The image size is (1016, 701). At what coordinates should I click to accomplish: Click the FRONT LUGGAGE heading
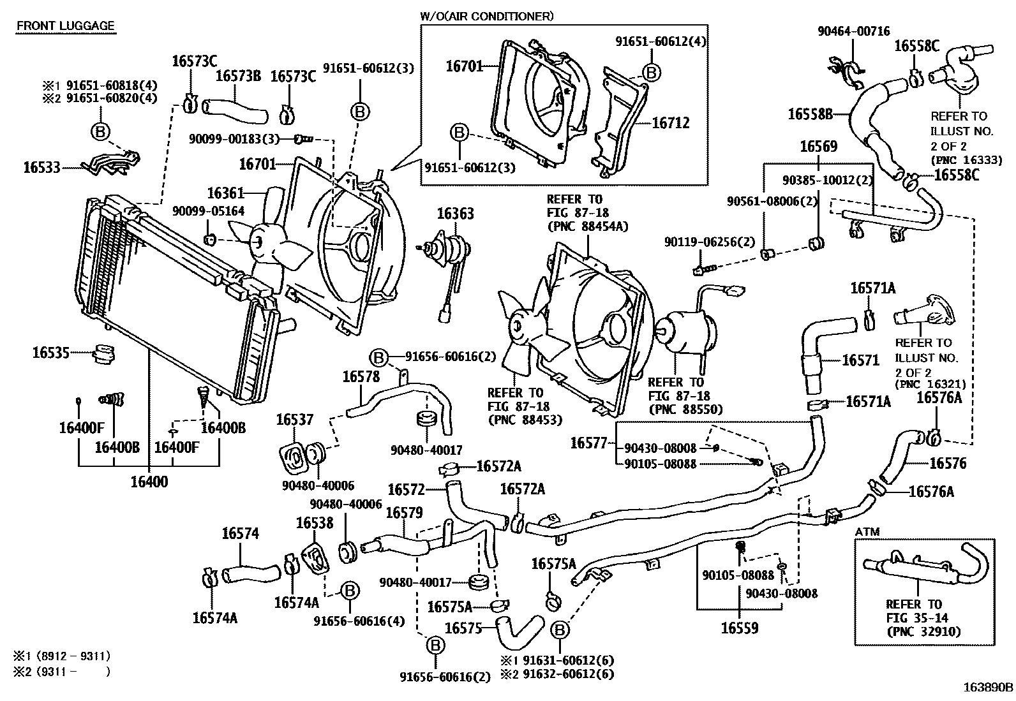[65, 26]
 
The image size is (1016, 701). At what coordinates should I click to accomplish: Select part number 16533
[41, 168]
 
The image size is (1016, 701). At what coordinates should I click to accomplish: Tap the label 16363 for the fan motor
[455, 213]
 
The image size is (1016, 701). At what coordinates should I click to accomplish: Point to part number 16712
[671, 123]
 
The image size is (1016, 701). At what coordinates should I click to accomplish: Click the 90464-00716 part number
[853, 31]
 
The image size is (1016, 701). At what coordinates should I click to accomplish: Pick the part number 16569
[818, 147]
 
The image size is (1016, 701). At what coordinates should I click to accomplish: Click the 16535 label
[50, 351]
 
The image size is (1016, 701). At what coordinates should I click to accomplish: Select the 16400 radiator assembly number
[149, 482]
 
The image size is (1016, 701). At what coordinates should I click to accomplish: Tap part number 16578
[361, 376]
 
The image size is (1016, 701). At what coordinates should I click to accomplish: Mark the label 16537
[295, 420]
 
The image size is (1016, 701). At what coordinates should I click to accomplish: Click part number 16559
[740, 628]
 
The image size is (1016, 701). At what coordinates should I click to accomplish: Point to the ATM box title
[868, 531]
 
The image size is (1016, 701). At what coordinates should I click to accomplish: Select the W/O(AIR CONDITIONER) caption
[486, 15]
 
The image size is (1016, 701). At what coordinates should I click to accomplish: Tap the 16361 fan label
[226, 193]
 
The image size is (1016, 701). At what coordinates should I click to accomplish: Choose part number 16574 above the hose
[241, 533]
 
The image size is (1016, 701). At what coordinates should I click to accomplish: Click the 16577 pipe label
[588, 443]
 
